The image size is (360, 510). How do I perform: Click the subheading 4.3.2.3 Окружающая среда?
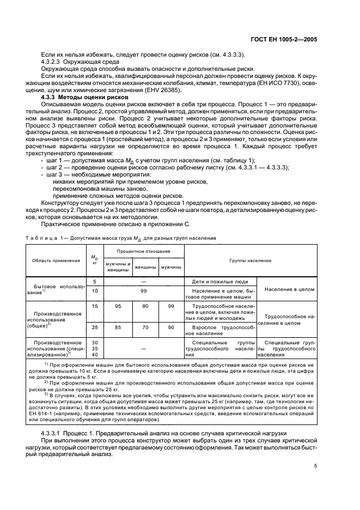77,62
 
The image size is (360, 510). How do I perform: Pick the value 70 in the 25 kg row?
145,327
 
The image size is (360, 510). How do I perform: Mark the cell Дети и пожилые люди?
220,282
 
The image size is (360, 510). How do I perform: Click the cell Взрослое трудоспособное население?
220,330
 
